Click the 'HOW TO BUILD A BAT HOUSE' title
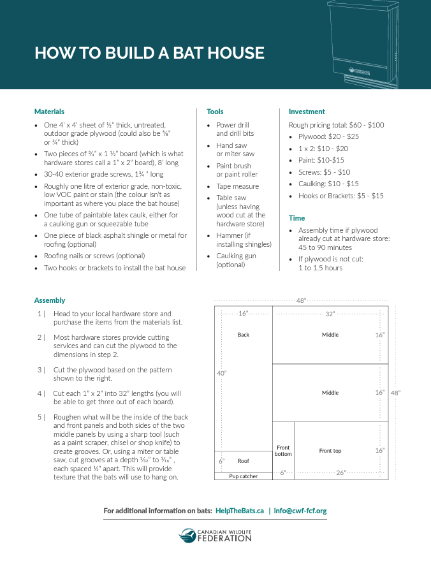[149, 53]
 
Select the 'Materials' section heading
[49, 112]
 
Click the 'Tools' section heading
[215, 112]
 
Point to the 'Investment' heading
[307, 112]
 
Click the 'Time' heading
[296, 218]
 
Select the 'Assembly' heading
[50, 300]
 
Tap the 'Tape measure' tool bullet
[237, 186]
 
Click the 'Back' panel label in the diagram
[244, 335]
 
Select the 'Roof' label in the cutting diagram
[244, 461]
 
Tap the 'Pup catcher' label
[244, 476]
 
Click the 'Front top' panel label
[330, 451]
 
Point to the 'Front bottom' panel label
[283, 451]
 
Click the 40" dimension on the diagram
[221, 373]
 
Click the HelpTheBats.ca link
[240, 511]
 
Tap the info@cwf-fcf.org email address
[300, 511]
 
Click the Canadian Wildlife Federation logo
[215, 535]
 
